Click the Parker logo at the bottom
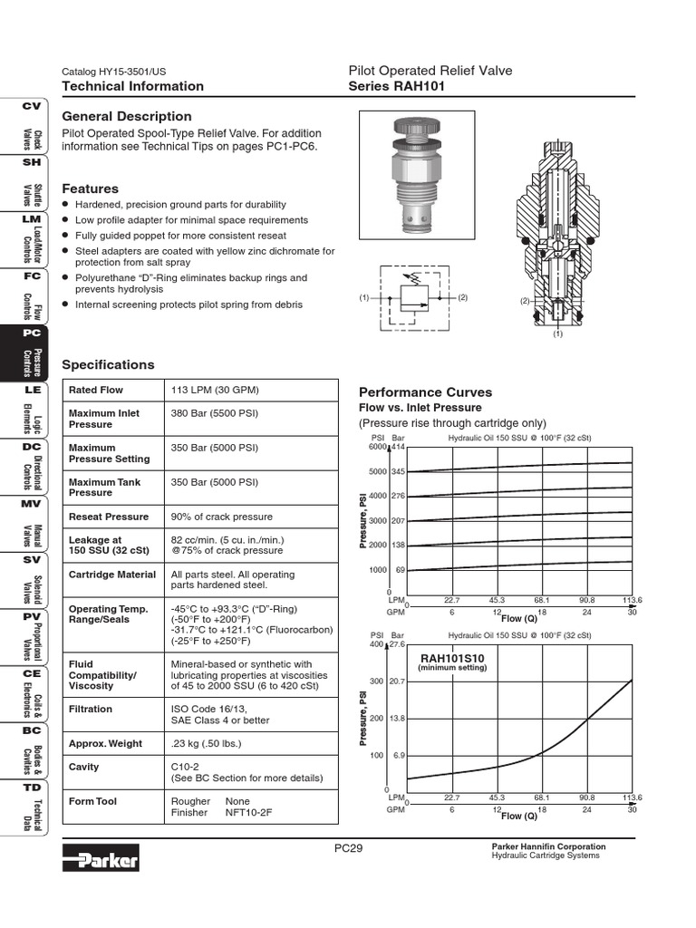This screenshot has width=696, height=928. pyautogui.click(x=101, y=858)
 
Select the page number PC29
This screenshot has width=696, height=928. pyautogui.click(x=348, y=848)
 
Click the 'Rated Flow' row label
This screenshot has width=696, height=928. pyautogui.click(x=96, y=390)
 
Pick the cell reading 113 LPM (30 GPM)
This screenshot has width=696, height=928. pyautogui.click(x=215, y=390)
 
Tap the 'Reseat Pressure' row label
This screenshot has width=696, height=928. pyautogui.click(x=109, y=517)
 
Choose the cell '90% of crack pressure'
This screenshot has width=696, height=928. pyautogui.click(x=222, y=517)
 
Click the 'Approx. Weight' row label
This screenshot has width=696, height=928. pyautogui.click(x=105, y=744)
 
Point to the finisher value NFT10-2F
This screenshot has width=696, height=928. pyautogui.click(x=248, y=813)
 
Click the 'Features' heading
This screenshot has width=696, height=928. pyautogui.click(x=90, y=188)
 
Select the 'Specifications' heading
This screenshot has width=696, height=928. pyautogui.click(x=109, y=364)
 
